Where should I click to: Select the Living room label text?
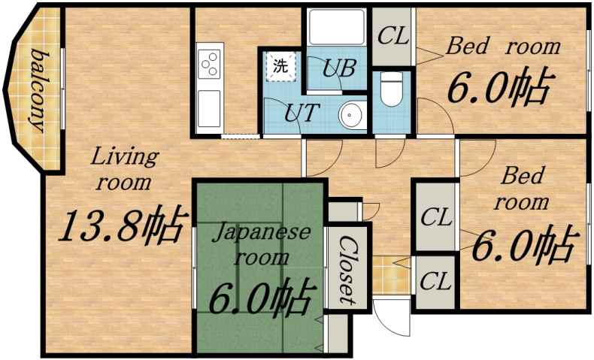123,168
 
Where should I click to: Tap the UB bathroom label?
339,67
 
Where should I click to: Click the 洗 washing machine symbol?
280,65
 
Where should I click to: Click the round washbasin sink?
351,115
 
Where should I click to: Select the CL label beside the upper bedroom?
392,36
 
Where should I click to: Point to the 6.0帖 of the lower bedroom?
524,244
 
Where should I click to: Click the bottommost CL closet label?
435,283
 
